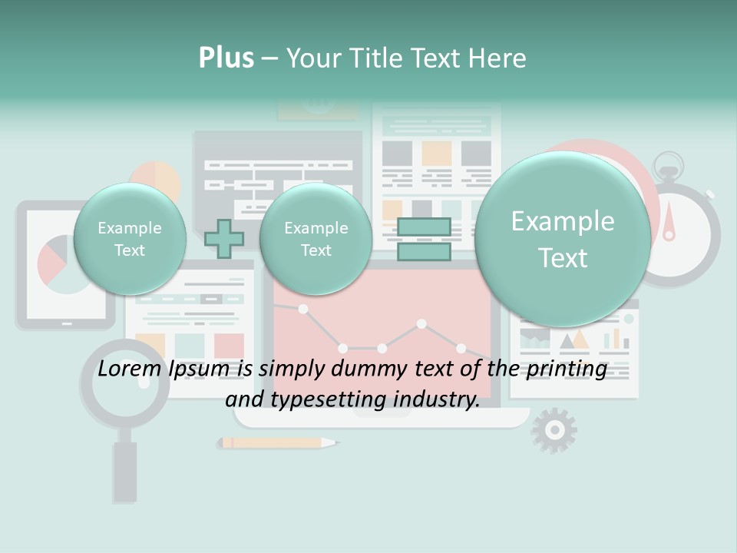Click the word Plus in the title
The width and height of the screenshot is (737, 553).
point(226,58)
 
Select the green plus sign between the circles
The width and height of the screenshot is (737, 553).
point(224,238)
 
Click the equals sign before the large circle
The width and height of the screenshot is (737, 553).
point(424,239)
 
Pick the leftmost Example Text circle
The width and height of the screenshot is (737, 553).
point(130,239)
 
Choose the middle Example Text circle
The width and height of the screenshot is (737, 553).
point(316,239)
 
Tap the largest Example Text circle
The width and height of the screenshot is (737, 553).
point(563,239)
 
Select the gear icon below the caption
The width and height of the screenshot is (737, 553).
point(554,430)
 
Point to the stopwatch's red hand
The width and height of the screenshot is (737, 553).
point(669,221)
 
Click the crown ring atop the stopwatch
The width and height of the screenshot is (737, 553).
point(669,164)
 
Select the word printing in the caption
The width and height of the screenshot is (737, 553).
point(567,369)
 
